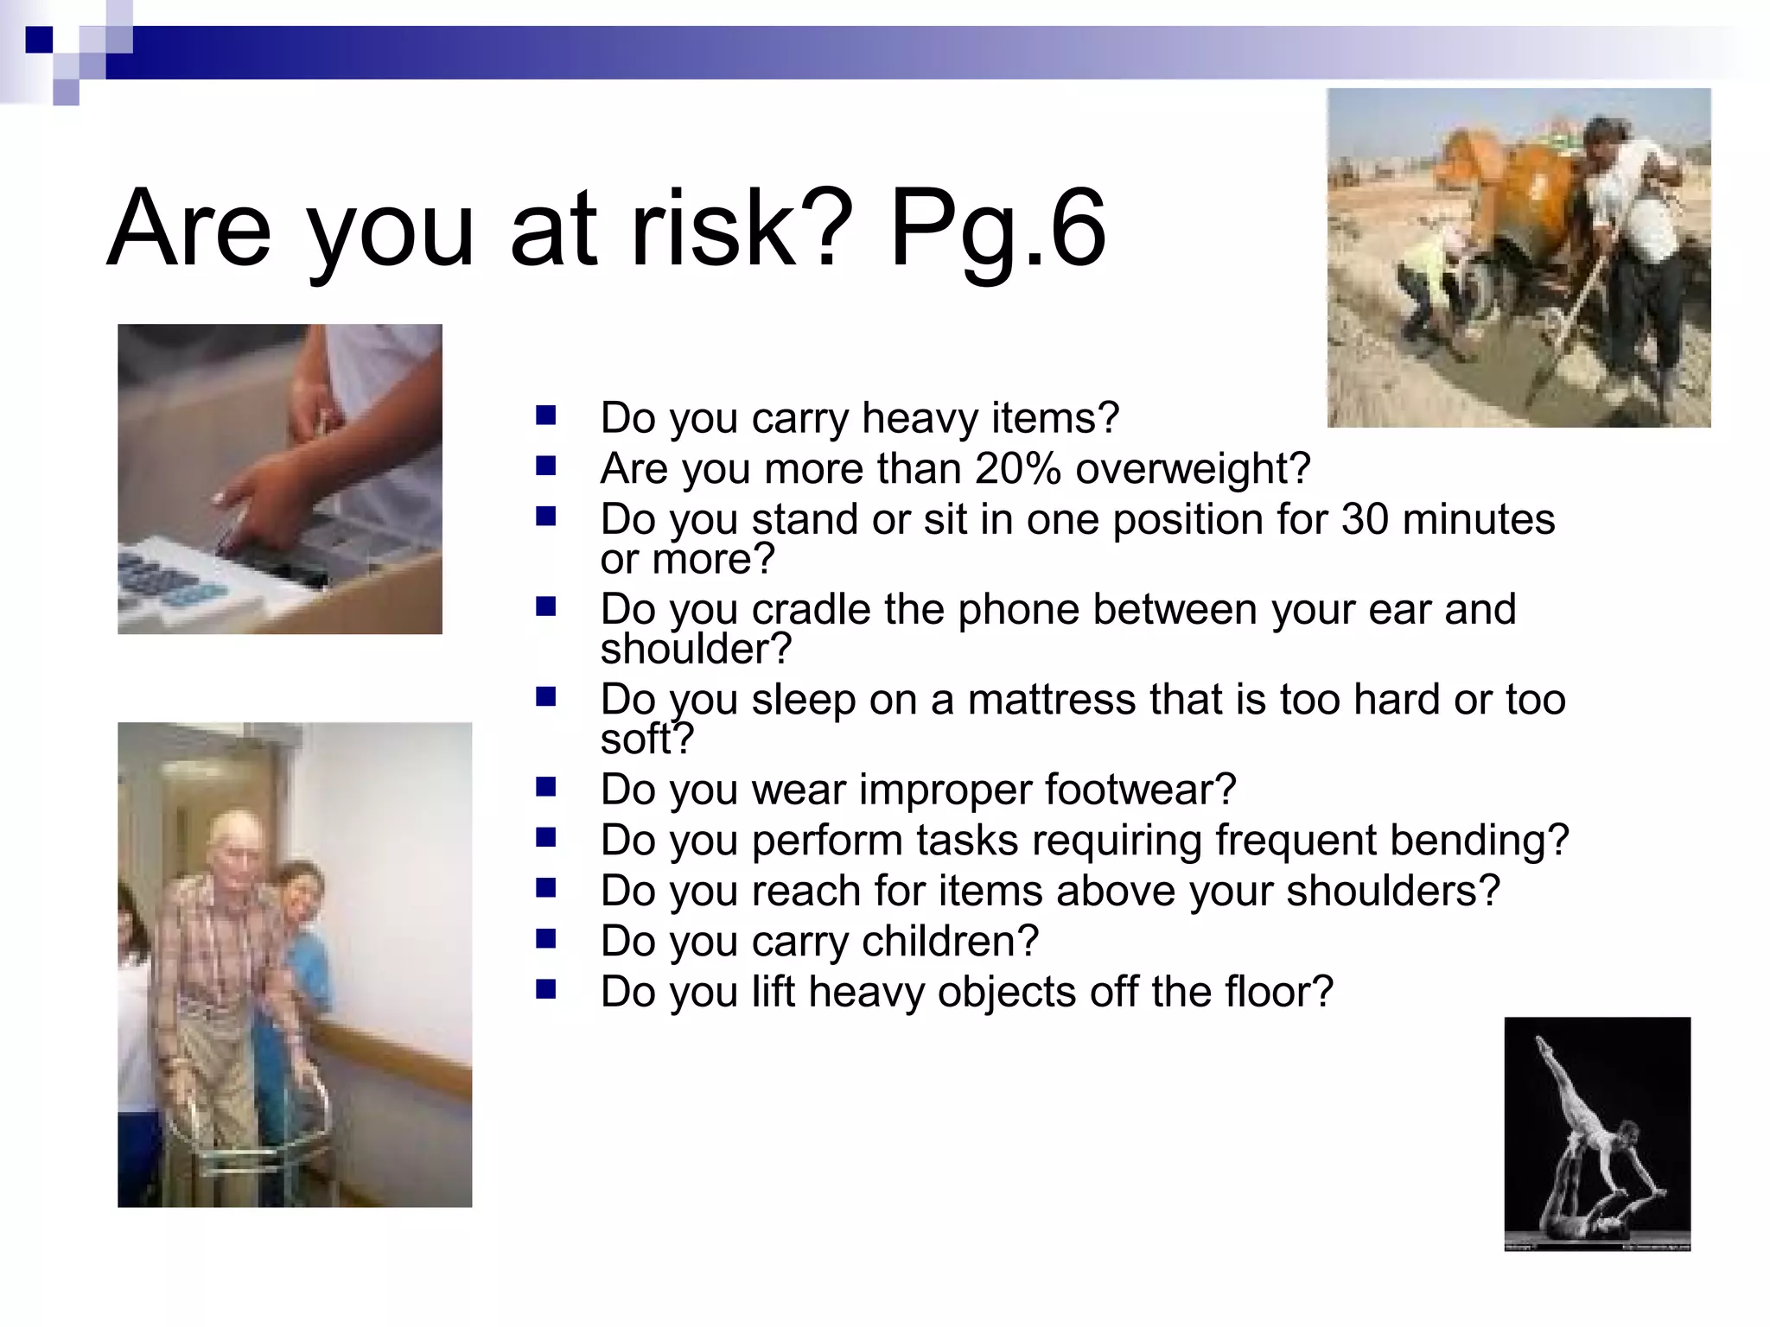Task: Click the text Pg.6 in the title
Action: pos(997,228)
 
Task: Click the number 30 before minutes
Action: pos(1366,520)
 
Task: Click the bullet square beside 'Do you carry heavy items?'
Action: pos(545,416)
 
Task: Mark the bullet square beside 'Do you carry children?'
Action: pos(545,939)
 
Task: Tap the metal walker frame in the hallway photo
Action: pos(251,1123)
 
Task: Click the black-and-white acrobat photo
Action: pos(1596,1133)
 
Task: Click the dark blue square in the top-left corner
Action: pos(39,40)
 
